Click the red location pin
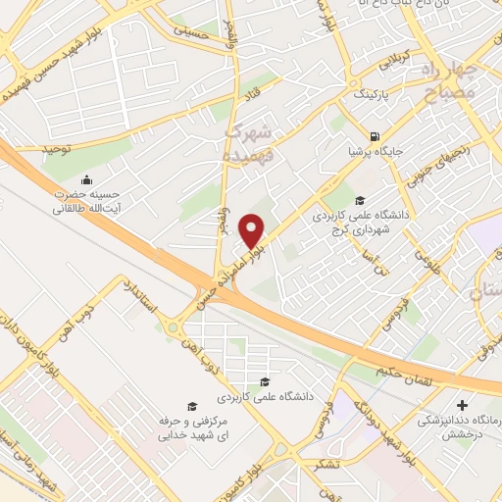coord(253,230)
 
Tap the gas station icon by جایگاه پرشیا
coord(374,136)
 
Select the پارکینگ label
coord(370,96)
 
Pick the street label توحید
coord(58,148)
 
